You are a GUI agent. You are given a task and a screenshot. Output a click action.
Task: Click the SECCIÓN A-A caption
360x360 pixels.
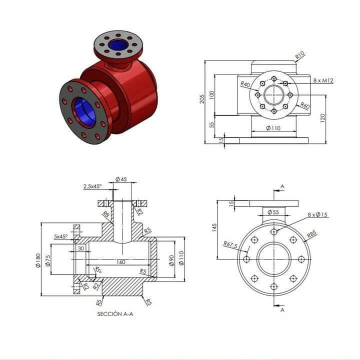115,314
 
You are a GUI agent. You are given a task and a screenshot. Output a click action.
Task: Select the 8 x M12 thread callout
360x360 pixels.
323,80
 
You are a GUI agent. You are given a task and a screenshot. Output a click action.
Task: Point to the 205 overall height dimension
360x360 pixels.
202,99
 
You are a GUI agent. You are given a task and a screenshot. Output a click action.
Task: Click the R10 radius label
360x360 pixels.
300,55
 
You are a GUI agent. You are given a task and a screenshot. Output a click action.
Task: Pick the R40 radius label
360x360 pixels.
245,84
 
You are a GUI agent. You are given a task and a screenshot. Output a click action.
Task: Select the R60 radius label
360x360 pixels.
305,106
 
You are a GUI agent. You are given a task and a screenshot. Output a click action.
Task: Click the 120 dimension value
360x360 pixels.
322,118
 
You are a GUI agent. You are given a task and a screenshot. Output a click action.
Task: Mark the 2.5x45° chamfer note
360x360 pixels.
92,186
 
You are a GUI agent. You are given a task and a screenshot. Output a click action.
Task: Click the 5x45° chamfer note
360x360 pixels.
61,237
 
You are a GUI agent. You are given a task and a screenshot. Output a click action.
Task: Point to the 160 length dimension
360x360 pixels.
121,261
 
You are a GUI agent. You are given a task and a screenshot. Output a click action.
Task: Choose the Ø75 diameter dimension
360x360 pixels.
48,260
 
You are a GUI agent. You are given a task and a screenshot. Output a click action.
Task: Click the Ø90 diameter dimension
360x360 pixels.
171,260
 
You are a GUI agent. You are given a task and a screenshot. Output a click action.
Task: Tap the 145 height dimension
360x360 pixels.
214,228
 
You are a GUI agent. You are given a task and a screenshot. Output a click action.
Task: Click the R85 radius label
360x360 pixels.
311,233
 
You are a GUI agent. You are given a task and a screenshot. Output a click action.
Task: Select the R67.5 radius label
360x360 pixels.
230,245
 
